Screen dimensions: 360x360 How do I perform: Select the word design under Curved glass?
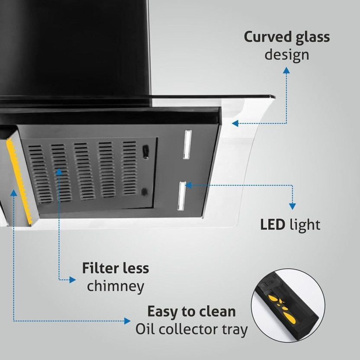point(287,55)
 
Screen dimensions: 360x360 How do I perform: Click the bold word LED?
point(273,225)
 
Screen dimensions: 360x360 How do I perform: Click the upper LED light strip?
point(187,145)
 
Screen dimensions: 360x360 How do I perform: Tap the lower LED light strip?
point(182,196)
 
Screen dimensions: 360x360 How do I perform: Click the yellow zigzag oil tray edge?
point(19,181)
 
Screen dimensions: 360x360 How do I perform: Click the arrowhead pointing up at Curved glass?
point(286,70)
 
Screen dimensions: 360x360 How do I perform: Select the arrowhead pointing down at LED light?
point(292,206)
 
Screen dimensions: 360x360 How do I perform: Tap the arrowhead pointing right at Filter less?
point(73,280)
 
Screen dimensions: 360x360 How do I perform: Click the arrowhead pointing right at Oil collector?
point(127,321)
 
